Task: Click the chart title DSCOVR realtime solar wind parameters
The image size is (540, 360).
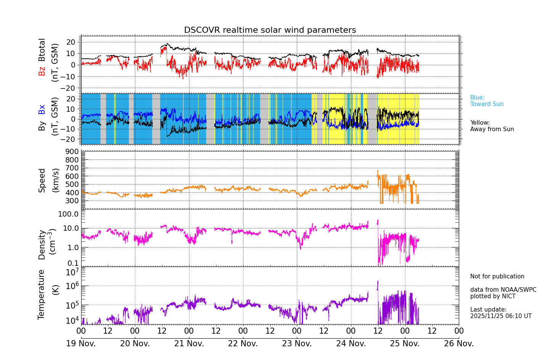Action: pos(270,30)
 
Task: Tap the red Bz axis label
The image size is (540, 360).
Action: pos(42,71)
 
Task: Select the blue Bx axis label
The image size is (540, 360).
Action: pos(42,109)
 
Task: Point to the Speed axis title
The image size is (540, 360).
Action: pos(42,180)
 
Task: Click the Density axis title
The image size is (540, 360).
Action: pos(42,244)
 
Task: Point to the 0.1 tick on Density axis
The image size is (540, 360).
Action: pos(73,263)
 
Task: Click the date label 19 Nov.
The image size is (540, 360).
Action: pos(81,344)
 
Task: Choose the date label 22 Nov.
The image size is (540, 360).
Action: pos(243,344)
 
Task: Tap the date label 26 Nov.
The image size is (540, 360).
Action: pos(459,344)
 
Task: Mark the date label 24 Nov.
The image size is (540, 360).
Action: pos(351,344)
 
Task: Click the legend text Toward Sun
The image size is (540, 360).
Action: pos(487,104)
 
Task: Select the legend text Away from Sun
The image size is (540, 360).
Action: pos(492,129)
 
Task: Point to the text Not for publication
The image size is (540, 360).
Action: pos(497,276)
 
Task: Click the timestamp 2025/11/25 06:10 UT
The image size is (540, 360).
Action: pos(501,316)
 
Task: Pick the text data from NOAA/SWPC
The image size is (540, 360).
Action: pos(503,290)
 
